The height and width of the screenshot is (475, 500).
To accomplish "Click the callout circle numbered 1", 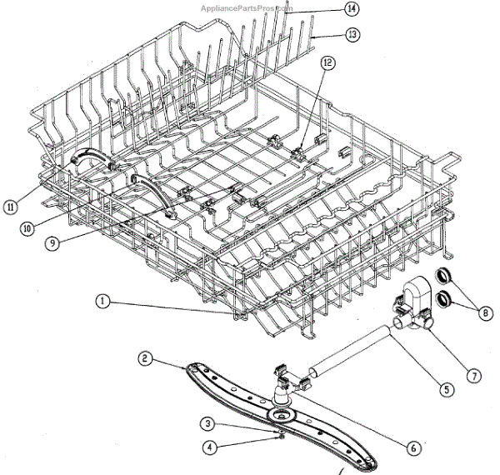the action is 102,303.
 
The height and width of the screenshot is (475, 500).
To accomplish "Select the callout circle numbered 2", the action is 145,359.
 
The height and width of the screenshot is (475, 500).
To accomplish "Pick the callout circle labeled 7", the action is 472,377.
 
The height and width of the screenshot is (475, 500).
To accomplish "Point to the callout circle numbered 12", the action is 327,63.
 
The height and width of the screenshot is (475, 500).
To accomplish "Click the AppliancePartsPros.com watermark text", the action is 247,7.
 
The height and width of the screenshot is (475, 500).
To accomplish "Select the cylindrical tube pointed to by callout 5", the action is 351,347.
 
